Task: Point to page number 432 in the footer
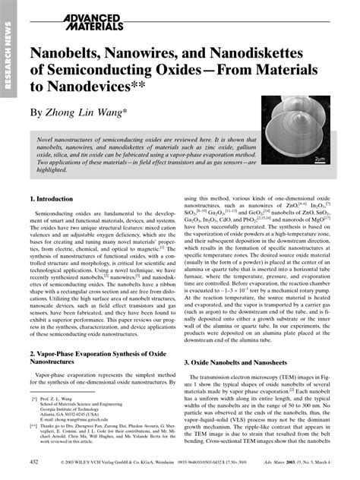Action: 33,462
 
